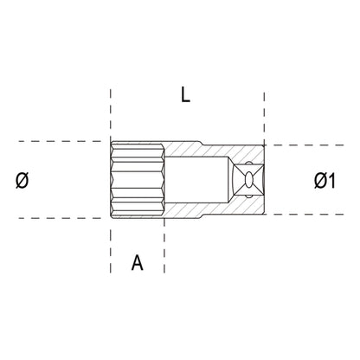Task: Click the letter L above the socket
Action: (184, 96)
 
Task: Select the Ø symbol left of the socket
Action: (22, 180)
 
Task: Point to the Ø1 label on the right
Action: (325, 180)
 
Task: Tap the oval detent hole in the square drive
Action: (252, 180)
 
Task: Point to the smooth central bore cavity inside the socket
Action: (197, 180)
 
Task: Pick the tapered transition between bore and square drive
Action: (227, 180)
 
